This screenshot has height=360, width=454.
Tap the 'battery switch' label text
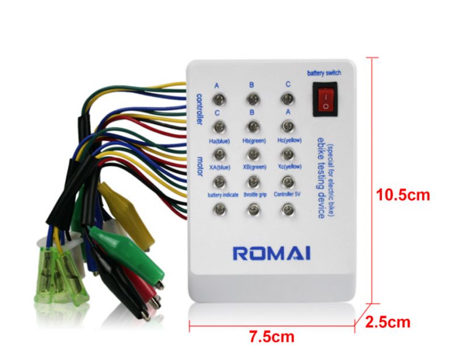(x=324, y=73)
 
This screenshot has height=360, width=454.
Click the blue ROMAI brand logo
(x=271, y=252)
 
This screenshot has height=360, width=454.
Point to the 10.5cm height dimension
(x=403, y=195)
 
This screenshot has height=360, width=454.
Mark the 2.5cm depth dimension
(x=388, y=323)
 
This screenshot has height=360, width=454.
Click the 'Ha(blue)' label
(x=220, y=140)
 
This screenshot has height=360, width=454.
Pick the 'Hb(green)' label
(x=254, y=140)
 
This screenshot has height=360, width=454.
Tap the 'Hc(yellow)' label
(x=288, y=140)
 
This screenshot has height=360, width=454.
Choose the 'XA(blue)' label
(x=220, y=167)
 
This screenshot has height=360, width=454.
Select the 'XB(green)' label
(x=254, y=167)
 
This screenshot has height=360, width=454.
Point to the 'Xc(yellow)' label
(x=288, y=167)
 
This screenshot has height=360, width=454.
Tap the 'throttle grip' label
(x=254, y=194)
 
